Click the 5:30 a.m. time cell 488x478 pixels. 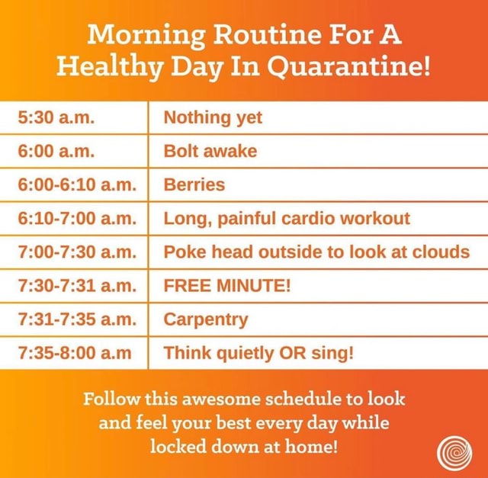[56, 117]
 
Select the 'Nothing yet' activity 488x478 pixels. [213, 117]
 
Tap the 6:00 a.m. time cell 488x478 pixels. [56, 151]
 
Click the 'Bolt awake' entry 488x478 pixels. [210, 151]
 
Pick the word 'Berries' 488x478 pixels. [194, 184]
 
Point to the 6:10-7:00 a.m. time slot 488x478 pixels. [76, 219]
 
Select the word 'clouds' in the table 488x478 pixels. [442, 252]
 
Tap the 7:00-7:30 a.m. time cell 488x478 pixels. [76, 252]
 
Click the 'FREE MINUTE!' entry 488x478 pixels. [227, 286]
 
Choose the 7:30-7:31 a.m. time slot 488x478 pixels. [76, 286]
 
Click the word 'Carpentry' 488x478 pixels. [206, 319]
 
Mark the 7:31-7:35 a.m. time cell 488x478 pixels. [76, 319]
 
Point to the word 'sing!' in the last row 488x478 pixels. [335, 353]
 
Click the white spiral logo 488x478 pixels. [455, 451]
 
